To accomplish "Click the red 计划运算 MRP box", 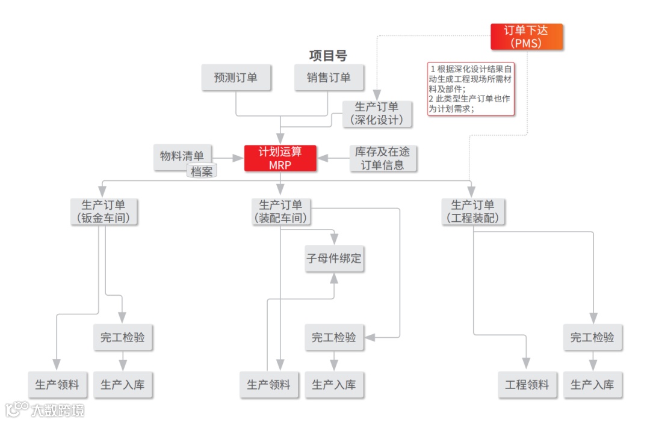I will point(280,158).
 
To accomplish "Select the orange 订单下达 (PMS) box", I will point(527,37).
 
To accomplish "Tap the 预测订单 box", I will point(235,78).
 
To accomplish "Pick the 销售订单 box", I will point(328,78).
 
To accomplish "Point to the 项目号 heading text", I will point(328,56).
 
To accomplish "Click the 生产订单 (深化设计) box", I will point(377,114).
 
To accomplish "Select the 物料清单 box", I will point(182,156).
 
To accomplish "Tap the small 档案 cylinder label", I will point(202,172).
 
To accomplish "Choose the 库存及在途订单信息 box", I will point(383,158).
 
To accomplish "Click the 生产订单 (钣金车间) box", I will point(105,212).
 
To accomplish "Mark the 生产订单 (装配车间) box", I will point(280,212).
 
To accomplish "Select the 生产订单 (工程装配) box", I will point(473,212).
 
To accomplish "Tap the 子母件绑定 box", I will point(334,259).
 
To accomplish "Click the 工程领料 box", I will point(527,385).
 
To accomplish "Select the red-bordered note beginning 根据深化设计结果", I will point(471,88).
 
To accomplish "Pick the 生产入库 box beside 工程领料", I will point(593,385).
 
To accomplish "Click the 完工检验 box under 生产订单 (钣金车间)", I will point(123,337).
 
